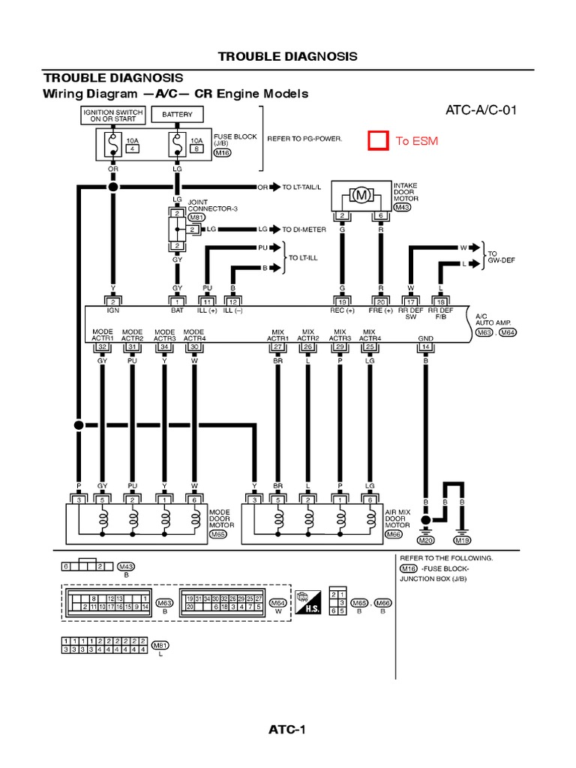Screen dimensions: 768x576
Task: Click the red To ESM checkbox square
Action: click(x=377, y=141)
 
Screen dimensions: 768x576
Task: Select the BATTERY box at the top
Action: click(x=177, y=115)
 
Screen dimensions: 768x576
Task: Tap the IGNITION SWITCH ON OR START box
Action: click(x=112, y=115)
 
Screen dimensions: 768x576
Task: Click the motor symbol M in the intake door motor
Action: click(x=362, y=195)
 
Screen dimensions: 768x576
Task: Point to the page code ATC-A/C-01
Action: click(x=481, y=111)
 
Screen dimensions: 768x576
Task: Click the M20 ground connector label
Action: click(x=426, y=540)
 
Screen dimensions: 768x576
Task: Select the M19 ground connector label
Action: click(x=463, y=540)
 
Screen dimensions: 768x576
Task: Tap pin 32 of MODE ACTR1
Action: click(x=102, y=346)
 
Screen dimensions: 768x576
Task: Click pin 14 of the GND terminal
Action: click(x=426, y=346)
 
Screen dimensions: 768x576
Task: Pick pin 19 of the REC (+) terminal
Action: click(x=342, y=301)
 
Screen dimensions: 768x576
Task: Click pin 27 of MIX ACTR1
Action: click(x=278, y=346)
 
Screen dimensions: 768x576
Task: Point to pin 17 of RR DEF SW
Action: click(x=410, y=301)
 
